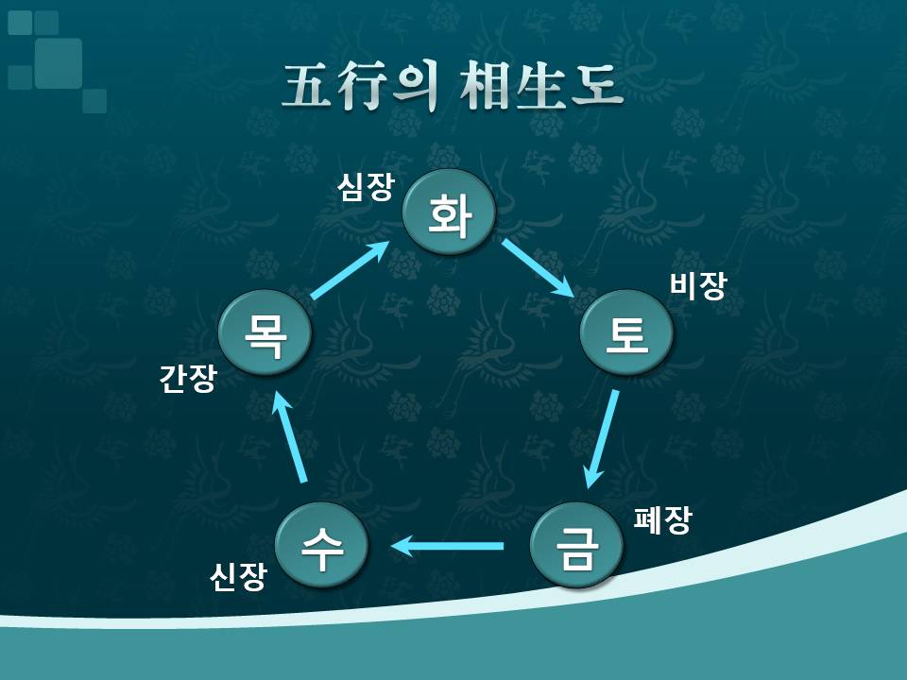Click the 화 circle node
(x=450, y=212)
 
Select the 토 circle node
(x=627, y=332)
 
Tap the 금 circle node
(x=577, y=545)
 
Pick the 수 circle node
(x=321, y=545)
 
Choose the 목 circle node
(x=265, y=332)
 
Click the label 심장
(x=366, y=187)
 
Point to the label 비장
(x=697, y=286)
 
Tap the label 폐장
(x=662, y=520)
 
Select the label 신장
(x=238, y=577)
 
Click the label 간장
(x=187, y=380)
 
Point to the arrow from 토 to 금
(x=601, y=439)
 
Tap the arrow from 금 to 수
(x=447, y=546)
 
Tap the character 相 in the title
(x=485, y=87)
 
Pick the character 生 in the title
(x=539, y=87)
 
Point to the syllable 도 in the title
(x=596, y=87)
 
